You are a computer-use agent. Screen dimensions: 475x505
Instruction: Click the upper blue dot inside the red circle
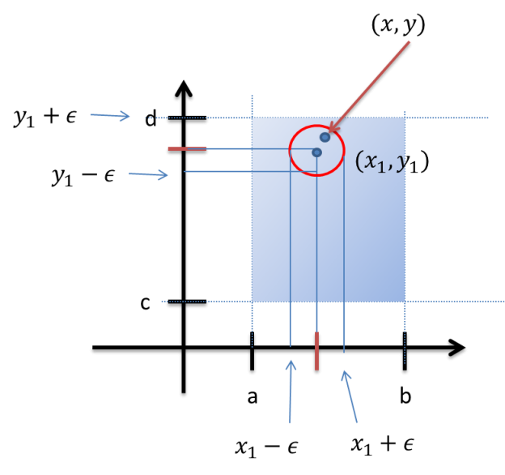pyautogui.click(x=325, y=137)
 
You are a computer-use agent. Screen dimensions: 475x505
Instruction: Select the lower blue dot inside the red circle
pyautogui.click(x=316, y=152)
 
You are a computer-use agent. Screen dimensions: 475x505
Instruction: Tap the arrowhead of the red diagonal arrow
pyautogui.click(x=332, y=129)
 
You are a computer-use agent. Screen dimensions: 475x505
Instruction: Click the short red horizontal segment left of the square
pyautogui.click(x=187, y=148)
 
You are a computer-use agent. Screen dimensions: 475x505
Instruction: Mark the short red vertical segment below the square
pyautogui.click(x=316, y=350)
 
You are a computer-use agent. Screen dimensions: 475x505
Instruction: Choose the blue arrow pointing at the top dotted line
pyautogui.click(x=110, y=116)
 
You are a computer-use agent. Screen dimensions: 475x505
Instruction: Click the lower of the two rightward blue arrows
pyautogui.click(x=148, y=174)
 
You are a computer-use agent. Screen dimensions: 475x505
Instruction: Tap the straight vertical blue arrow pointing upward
pyautogui.click(x=291, y=390)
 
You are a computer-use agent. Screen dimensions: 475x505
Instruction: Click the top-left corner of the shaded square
pyautogui.click(x=252, y=118)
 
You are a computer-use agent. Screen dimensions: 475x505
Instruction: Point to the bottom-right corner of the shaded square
pyautogui.click(x=405, y=302)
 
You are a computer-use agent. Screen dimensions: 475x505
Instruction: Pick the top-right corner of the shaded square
pyautogui.click(x=405, y=118)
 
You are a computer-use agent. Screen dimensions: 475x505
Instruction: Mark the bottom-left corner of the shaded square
pyautogui.click(x=252, y=302)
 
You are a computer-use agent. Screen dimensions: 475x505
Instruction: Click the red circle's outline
pyautogui.click(x=291, y=152)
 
